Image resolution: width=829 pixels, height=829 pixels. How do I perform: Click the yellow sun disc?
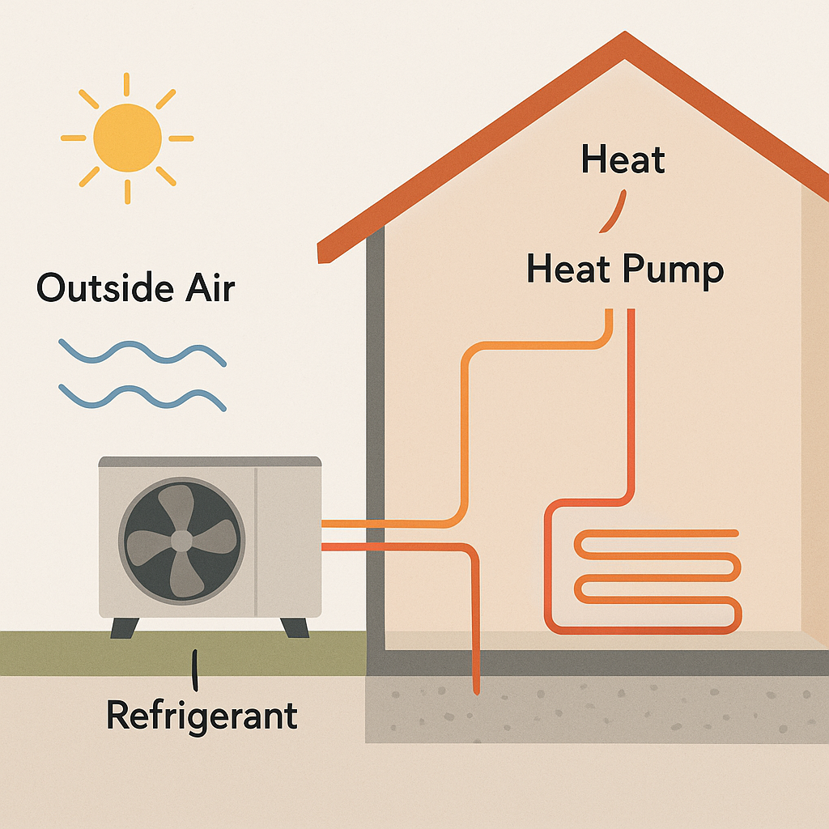click(x=127, y=138)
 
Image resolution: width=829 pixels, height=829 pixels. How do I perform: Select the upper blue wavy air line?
click(x=142, y=353)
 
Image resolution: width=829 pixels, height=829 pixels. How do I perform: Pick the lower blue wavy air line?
click(x=142, y=397)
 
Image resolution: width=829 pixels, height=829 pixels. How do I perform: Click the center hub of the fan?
click(x=181, y=541)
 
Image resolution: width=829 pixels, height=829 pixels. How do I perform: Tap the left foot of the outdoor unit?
click(x=124, y=627)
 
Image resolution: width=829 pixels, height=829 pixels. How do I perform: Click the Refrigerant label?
click(x=202, y=716)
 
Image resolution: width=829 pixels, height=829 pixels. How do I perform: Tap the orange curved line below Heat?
click(x=614, y=210)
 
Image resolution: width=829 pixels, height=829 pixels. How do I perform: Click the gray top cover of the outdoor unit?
click(x=210, y=461)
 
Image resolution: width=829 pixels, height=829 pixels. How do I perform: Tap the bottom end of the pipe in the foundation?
click(x=475, y=690)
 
